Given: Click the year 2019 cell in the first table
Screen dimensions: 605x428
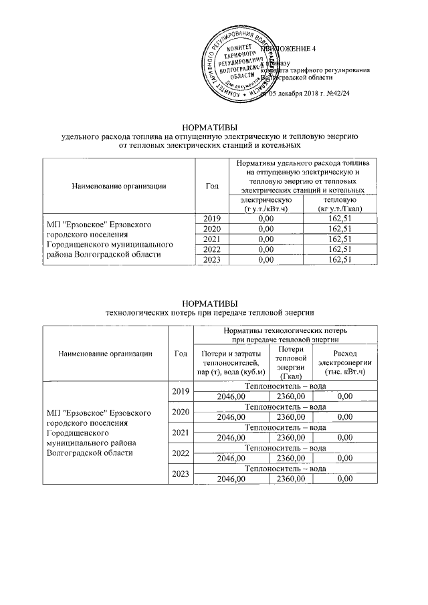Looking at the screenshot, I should click(210, 219).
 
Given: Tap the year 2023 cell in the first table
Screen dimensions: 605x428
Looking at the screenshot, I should click(210, 259).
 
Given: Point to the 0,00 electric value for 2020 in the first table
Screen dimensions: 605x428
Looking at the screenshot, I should click(265, 229).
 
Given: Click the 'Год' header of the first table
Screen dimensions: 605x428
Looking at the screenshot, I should click(210, 186).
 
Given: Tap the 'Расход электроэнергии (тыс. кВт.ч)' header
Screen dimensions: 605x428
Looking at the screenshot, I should click(344, 362).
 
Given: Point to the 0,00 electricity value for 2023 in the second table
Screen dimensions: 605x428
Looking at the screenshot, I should click(344, 479).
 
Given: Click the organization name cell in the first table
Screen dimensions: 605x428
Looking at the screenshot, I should click(107, 239).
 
